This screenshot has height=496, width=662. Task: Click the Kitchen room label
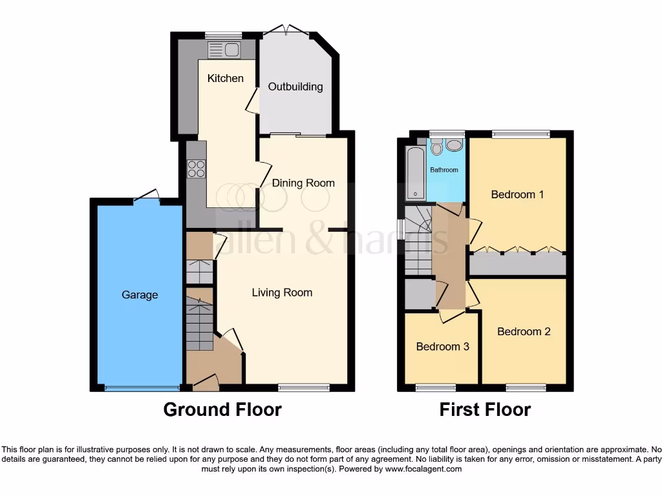(225, 78)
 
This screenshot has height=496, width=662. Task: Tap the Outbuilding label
(295, 87)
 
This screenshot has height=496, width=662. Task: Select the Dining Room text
(303, 183)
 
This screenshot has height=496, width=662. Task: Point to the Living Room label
(282, 293)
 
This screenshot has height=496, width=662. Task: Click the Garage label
(140, 294)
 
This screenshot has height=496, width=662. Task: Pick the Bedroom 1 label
(517, 194)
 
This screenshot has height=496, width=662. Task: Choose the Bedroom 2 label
(524, 331)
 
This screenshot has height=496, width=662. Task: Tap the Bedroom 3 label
(442, 346)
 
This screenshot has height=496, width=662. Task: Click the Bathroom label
(445, 170)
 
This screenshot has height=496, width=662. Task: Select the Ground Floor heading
(222, 409)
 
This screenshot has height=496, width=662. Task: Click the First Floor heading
(485, 409)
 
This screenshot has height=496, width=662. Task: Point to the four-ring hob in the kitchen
(196, 169)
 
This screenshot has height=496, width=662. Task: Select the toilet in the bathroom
(437, 148)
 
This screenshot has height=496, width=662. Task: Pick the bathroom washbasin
(454, 145)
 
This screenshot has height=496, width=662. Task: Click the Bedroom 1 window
(520, 134)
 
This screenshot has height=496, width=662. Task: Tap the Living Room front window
(304, 387)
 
